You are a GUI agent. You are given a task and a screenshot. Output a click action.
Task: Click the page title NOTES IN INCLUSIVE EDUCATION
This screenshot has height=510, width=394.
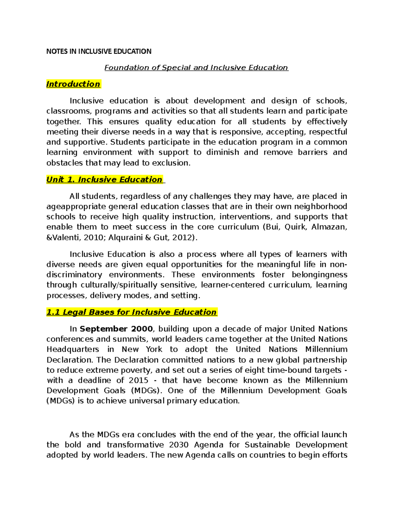coord(99,51)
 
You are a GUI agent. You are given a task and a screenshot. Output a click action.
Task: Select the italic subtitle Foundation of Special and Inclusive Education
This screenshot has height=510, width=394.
coord(196,68)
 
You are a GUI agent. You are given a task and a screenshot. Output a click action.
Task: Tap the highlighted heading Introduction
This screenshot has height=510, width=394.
coord(73,84)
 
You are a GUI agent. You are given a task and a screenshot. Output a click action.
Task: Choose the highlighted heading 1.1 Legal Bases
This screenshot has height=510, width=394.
coord(131,312)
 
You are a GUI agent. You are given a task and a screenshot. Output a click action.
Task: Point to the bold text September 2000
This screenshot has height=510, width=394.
coord(116,329)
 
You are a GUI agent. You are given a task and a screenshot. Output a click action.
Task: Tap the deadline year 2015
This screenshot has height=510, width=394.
coord(139,380)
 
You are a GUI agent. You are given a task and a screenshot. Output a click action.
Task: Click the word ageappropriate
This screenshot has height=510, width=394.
coord(76,207)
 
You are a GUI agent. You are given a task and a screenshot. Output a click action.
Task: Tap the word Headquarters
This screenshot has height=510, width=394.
coord(73,349)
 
